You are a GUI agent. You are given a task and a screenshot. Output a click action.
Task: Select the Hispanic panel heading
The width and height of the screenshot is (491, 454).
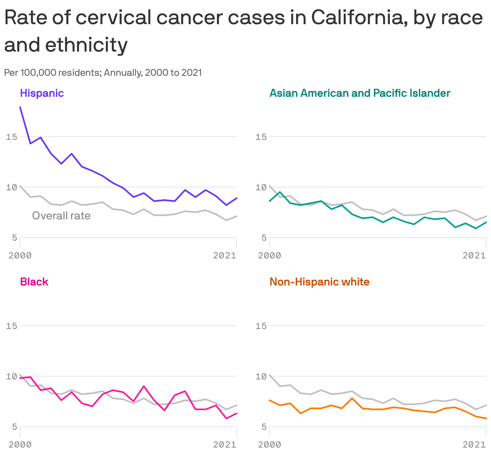point(42,93)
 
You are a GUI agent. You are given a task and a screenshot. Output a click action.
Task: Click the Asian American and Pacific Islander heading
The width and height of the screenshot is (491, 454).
point(359,93)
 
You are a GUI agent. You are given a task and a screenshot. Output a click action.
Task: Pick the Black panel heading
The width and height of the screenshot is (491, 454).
point(34,282)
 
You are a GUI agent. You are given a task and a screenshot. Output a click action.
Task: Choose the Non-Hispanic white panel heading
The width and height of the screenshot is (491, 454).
point(319,282)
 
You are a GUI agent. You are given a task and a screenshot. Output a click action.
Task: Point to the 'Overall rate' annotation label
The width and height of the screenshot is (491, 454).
point(61,216)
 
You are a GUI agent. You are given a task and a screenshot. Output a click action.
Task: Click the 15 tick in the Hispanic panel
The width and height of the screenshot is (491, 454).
point(12,137)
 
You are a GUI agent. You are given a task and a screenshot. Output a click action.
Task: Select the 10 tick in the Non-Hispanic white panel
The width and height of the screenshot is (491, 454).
point(261,376)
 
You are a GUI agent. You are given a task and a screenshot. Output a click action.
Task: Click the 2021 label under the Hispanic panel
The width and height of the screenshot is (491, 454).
point(225,255)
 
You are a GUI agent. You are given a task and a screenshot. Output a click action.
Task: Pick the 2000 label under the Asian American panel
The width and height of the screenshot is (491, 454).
point(269,255)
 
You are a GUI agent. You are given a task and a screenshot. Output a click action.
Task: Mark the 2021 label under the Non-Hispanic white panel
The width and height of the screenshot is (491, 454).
point(474,445)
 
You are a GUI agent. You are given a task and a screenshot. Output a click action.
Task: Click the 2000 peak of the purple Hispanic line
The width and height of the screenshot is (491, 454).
point(20,107)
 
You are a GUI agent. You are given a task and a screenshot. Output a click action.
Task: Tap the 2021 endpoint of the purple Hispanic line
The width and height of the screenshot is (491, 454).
point(237,198)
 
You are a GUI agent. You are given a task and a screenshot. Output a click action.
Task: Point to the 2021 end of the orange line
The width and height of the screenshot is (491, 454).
point(486,419)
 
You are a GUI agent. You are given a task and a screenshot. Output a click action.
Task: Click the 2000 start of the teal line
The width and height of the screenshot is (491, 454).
point(270,201)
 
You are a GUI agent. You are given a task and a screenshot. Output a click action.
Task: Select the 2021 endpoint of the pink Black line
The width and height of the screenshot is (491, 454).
point(237,413)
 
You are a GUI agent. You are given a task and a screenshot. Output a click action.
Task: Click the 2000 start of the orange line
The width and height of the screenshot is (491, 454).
point(270,400)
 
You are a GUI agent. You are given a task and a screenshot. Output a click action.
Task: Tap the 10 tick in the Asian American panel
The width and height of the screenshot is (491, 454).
point(261,187)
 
